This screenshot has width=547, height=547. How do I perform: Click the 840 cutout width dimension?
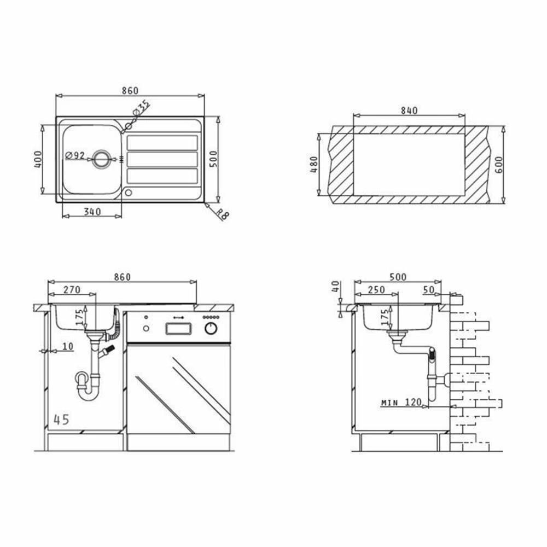[x=409, y=110]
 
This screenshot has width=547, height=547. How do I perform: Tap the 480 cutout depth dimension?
[x=314, y=165]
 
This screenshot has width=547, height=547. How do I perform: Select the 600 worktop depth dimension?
[x=499, y=165]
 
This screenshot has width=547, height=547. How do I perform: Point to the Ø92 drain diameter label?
[x=75, y=155]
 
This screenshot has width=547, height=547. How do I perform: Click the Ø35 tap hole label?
[x=141, y=108]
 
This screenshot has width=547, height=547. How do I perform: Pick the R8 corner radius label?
[x=222, y=214]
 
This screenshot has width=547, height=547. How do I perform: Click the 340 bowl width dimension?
[x=92, y=211]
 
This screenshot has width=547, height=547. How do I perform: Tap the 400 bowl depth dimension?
[x=38, y=159]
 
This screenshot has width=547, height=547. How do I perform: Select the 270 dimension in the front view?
[x=72, y=289]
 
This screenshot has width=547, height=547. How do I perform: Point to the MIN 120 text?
[x=401, y=402]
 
